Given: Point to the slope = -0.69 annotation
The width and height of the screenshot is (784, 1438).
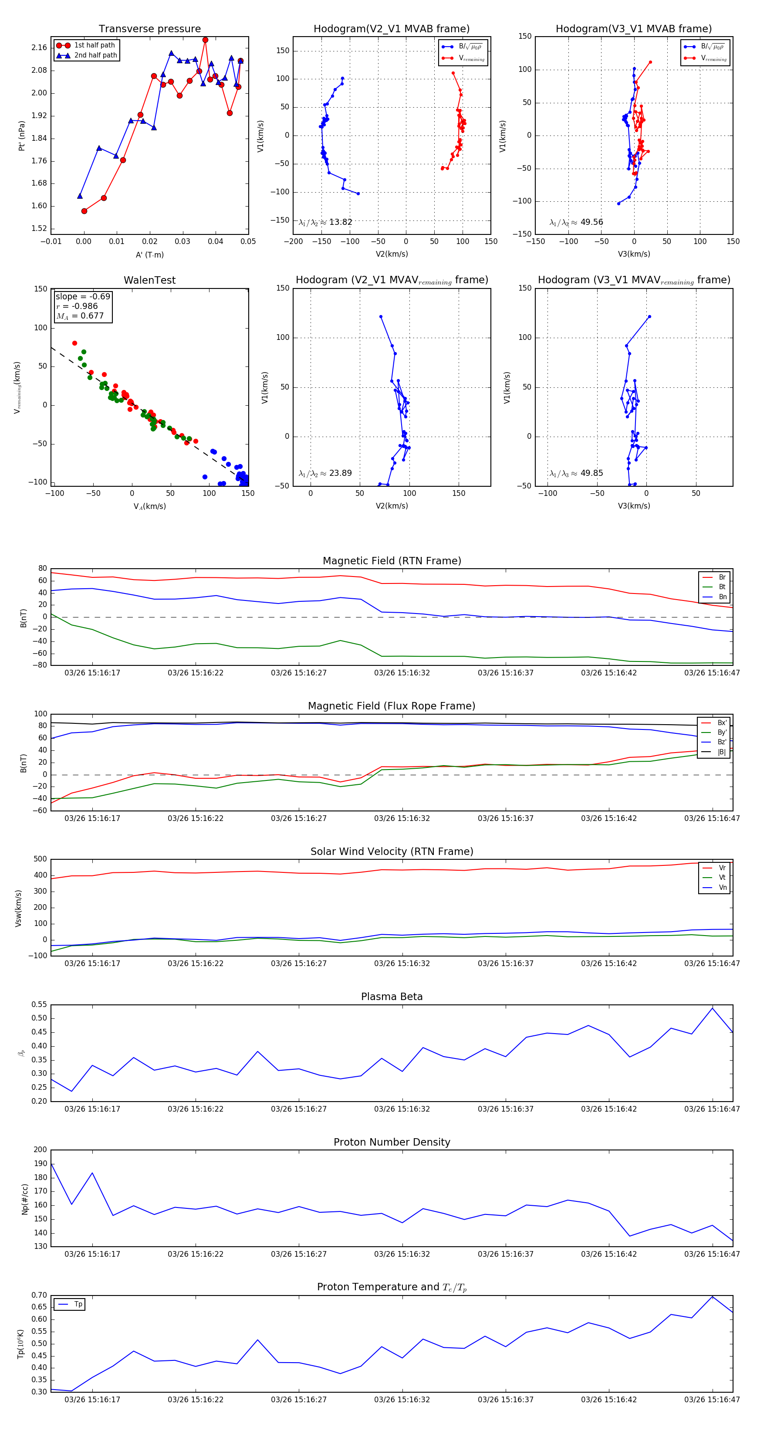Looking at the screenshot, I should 83,296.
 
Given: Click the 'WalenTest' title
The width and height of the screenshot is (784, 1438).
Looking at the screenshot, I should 149,280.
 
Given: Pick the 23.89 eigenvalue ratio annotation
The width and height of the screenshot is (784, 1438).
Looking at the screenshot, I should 325,473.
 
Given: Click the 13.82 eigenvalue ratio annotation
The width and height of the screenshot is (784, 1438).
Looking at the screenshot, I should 325,222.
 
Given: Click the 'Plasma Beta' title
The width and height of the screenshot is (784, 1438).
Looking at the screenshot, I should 392,997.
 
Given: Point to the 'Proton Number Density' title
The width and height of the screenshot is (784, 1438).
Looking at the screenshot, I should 392,1142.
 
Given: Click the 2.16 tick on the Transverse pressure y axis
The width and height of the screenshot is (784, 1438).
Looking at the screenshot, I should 39,48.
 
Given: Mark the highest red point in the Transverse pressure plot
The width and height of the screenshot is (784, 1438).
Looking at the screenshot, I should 205,40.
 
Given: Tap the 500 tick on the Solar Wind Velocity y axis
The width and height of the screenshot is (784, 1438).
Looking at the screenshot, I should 40,859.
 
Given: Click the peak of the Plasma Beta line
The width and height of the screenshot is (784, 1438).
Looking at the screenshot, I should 712,1007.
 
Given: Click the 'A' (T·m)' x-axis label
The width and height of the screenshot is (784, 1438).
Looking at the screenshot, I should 149,255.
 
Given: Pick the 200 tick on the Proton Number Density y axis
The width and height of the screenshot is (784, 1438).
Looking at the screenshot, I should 40,1150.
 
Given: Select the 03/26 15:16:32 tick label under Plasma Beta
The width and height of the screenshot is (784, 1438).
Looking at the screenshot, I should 402,1109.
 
